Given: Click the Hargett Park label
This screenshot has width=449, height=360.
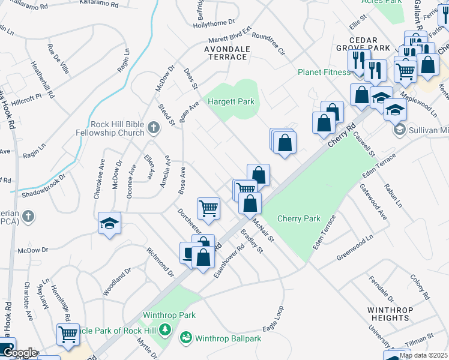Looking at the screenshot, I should [231, 102].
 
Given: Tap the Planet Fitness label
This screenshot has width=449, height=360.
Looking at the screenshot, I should [324, 73].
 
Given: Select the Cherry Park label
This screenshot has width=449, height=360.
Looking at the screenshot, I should [299, 219].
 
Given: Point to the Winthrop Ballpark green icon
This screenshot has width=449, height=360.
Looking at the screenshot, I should [186, 338].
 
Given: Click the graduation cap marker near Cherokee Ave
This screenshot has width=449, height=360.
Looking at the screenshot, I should [110, 223].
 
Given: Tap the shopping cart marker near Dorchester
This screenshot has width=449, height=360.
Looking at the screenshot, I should [209, 208].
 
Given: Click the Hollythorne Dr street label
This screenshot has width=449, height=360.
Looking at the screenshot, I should [214, 24].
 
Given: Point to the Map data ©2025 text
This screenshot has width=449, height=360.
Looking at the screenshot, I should [423, 355].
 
